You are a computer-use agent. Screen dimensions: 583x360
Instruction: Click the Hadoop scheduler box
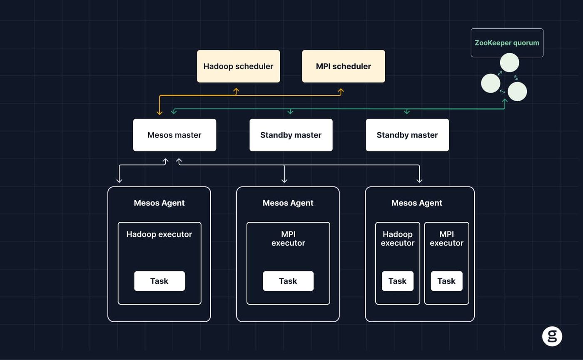click(x=238, y=66)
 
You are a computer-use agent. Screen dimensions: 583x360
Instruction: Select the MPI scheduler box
click(x=344, y=66)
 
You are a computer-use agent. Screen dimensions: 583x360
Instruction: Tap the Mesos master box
click(x=174, y=135)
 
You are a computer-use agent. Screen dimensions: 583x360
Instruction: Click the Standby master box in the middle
click(x=291, y=135)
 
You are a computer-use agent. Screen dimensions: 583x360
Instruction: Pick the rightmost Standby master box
click(x=407, y=135)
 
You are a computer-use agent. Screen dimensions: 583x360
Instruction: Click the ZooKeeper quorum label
click(x=507, y=42)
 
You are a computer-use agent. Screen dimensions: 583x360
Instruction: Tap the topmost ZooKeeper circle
click(x=509, y=62)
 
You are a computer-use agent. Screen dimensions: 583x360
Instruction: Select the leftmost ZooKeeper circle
click(x=491, y=83)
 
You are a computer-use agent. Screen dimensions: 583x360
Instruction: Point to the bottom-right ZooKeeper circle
click(x=517, y=92)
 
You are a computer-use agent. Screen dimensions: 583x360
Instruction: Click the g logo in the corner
click(x=552, y=336)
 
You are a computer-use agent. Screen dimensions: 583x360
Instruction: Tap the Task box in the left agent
click(x=159, y=281)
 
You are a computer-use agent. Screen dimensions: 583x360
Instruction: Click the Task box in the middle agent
click(x=288, y=281)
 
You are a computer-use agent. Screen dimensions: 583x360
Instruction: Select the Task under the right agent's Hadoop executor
click(x=397, y=281)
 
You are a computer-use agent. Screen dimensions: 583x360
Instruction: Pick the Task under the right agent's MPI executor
click(x=446, y=281)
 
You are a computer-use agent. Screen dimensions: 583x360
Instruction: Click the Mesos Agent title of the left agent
click(x=159, y=203)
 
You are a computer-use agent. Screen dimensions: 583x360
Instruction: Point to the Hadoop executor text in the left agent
click(x=159, y=234)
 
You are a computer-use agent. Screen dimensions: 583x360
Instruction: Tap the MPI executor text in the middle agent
click(x=288, y=238)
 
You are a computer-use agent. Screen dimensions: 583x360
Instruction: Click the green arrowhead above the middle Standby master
click(x=290, y=112)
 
